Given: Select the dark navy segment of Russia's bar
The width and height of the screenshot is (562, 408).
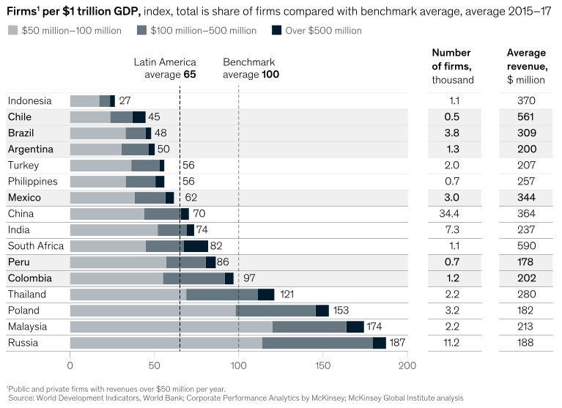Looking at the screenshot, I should (x=380, y=343).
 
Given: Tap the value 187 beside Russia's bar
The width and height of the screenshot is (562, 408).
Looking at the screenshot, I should (x=398, y=343).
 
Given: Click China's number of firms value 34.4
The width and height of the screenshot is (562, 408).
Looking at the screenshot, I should (x=454, y=214).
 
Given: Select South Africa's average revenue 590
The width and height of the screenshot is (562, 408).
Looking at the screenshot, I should (x=526, y=246).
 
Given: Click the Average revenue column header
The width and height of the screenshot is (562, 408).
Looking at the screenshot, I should (x=526, y=66).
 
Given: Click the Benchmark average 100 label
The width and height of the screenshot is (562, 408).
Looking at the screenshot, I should (x=251, y=68).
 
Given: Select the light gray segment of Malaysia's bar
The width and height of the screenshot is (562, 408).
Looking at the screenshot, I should (x=171, y=327).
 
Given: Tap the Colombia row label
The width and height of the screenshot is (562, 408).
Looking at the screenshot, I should (x=29, y=278).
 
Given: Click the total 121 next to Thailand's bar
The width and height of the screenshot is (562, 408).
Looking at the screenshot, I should (x=286, y=294).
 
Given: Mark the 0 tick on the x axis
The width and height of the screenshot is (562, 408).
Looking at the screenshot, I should (x=70, y=365).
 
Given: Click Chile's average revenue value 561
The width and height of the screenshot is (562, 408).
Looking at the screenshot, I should (x=526, y=117).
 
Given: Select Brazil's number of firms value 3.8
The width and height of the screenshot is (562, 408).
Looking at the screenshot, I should (x=454, y=133).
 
